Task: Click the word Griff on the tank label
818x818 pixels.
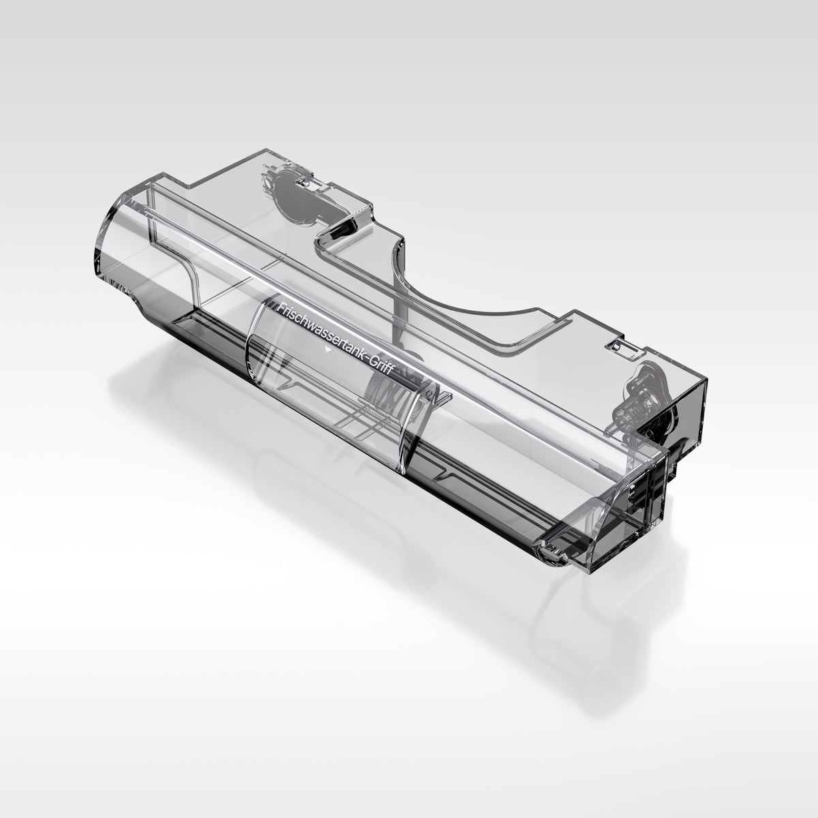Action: coord(381,369)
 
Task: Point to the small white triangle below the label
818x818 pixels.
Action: coord(327,350)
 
